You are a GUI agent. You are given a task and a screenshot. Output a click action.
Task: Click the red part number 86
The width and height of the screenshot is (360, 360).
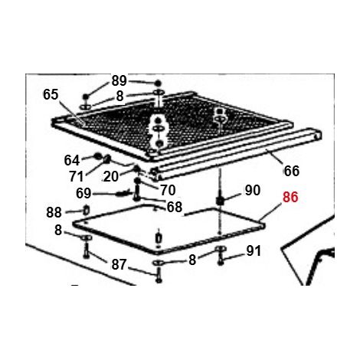(290, 197)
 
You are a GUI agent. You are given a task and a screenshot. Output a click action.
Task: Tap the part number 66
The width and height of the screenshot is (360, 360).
(292, 171)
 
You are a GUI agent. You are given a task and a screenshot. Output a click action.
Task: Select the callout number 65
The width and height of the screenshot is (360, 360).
(51, 94)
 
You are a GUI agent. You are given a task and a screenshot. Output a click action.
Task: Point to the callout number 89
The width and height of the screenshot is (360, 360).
(119, 80)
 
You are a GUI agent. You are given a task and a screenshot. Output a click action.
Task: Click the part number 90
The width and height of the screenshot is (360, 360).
(253, 190)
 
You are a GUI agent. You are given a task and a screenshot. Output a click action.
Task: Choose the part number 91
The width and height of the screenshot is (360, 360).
(254, 251)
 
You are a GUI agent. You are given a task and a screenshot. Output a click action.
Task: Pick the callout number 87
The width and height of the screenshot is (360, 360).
(119, 264)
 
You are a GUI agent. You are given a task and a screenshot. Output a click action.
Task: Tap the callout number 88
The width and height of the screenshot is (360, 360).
(54, 212)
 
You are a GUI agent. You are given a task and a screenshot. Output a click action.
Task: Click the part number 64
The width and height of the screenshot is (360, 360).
(72, 160)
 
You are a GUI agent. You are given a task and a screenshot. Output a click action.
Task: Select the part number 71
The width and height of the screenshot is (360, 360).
(77, 176)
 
